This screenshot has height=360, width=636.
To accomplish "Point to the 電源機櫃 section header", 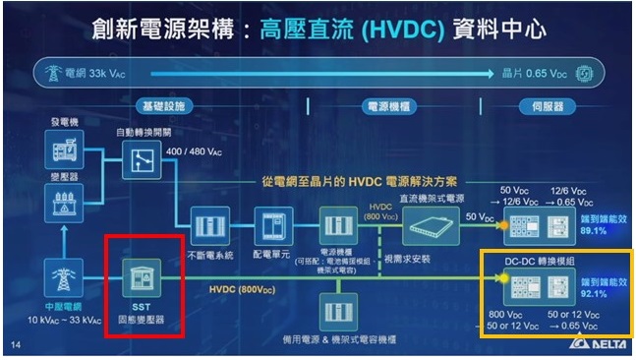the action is (x=386, y=103).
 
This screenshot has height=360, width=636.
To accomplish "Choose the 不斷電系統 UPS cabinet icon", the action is (x=208, y=224).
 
